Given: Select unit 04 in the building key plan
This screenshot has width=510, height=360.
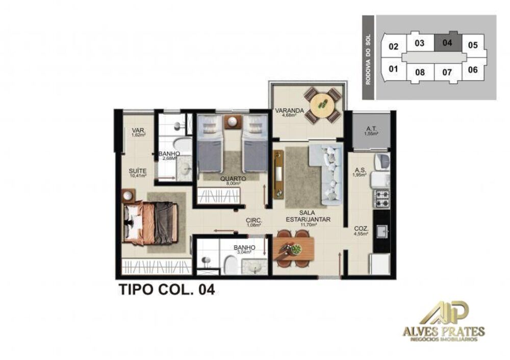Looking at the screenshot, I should [x=447, y=43].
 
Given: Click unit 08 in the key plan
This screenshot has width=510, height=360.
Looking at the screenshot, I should [x=420, y=72].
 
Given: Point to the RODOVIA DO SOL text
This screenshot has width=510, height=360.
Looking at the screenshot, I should [x=369, y=57].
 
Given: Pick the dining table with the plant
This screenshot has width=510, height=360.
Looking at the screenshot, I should [x=293, y=249].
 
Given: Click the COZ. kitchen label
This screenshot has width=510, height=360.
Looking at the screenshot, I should [x=362, y=230].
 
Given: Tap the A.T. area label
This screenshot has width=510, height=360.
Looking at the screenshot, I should [x=371, y=130].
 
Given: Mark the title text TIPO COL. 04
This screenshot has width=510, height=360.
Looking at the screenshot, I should [x=166, y=290].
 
